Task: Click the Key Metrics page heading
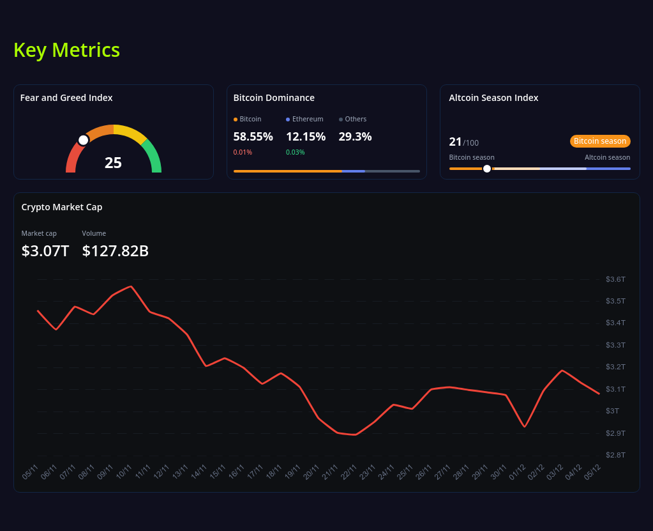[66, 50]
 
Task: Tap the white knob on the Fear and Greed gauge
[83, 140]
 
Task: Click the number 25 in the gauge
[113, 163]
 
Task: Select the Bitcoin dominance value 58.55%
[253, 137]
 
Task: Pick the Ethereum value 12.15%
[306, 137]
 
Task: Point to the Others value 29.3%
[355, 137]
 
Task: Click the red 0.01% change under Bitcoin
[243, 152]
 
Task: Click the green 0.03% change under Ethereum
[295, 152]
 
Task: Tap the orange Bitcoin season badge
[600, 141]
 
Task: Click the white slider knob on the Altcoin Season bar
[487, 169]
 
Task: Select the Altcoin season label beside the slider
[607, 157]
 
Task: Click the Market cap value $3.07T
[45, 251]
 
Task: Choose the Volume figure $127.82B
[116, 251]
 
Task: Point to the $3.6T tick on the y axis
[615, 279]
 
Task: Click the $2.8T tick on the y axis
[615, 455]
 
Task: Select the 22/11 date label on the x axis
[349, 472]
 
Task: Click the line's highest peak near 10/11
[131, 286]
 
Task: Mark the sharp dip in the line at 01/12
[525, 426]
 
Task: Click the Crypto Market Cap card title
[62, 207]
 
